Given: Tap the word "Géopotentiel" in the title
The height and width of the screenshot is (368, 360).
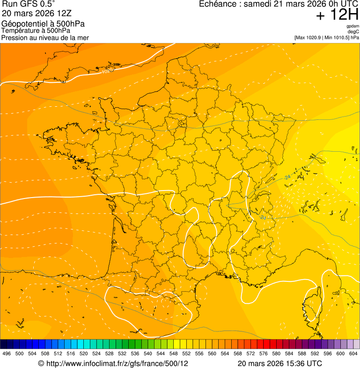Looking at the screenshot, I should (22, 24).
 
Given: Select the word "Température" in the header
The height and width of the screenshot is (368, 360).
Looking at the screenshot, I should (19, 30).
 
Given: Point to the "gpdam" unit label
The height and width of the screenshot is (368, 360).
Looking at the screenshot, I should (353, 26).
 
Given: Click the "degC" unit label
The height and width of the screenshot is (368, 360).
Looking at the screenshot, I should (353, 31).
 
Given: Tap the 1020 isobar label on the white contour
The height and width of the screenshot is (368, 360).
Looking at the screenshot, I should (107, 72).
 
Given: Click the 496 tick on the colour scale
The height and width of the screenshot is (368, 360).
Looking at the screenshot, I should (7, 353).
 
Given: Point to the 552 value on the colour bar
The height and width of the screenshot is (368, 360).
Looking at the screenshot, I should (186, 353).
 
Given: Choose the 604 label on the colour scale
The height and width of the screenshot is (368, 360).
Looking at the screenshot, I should (353, 353).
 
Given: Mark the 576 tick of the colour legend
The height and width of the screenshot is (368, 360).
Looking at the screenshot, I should (264, 353).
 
